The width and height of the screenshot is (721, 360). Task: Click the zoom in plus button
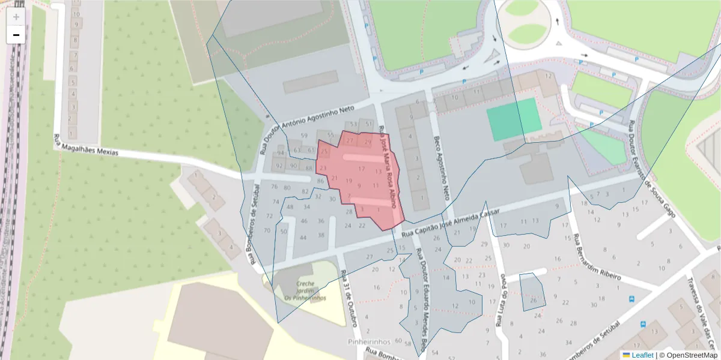point(16,17)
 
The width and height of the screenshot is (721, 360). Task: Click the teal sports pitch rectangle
point(514,119)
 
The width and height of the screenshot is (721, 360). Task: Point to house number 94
point(280,153)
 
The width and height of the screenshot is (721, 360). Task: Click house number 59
point(304,136)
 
